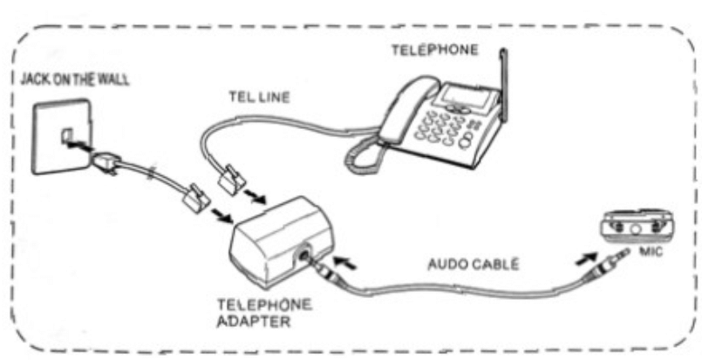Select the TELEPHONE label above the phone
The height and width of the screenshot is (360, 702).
point(433,51)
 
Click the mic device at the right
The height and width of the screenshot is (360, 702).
point(642,225)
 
